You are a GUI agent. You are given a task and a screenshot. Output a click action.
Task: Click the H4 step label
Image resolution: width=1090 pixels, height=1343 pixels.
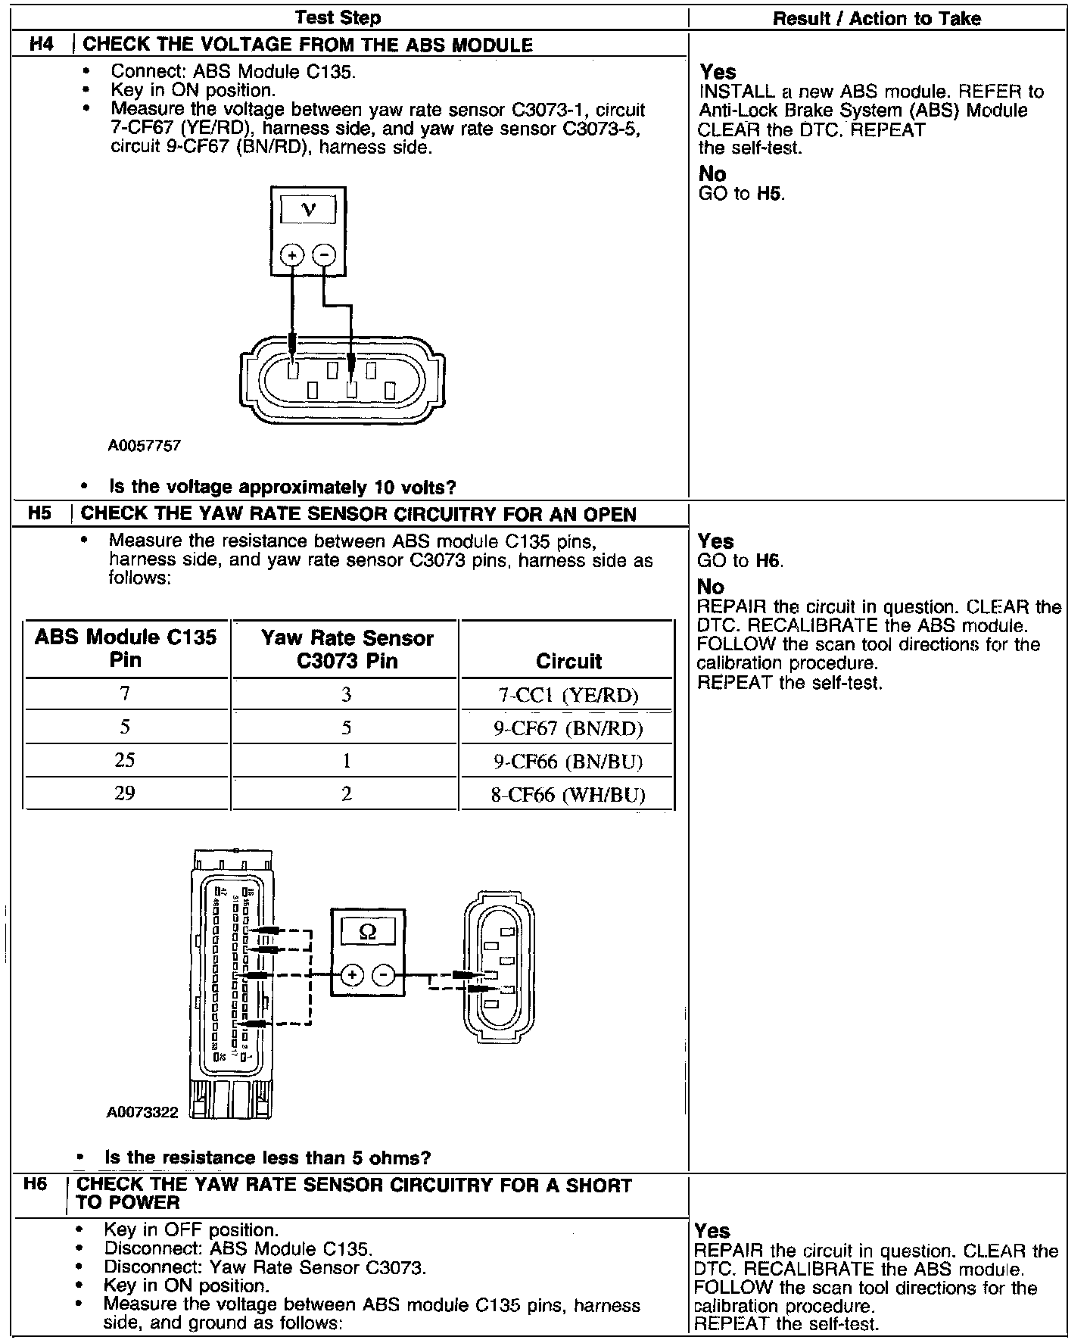point(42,45)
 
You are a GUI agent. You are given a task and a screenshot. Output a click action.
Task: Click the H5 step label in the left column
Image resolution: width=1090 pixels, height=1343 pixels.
point(39,513)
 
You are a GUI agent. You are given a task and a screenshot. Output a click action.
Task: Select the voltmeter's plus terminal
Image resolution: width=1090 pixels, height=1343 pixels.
point(292,256)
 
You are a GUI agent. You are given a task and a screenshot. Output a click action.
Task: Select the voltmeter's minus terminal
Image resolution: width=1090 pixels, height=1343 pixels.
point(324,256)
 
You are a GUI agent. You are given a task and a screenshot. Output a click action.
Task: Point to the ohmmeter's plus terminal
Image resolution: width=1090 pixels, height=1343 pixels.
point(351,975)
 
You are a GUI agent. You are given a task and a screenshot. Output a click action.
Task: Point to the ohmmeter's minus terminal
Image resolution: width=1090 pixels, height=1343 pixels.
point(385,975)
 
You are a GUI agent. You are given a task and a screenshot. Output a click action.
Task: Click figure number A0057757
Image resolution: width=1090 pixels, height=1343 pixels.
point(145,446)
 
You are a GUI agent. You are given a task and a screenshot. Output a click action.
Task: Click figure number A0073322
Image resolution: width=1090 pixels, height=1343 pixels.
point(142,1112)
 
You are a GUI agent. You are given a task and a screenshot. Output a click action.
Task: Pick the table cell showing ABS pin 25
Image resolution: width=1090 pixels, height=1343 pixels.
point(125,760)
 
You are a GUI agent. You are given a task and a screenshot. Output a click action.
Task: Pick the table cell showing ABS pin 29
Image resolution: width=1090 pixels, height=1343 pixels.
point(125,793)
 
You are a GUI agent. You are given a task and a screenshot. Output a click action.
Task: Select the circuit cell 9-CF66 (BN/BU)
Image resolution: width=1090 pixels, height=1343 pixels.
point(568,761)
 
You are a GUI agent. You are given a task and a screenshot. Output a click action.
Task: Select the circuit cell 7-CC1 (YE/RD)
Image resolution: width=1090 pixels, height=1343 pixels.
point(568,695)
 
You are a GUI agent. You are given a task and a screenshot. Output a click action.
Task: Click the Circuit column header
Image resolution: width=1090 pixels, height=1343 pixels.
point(568,661)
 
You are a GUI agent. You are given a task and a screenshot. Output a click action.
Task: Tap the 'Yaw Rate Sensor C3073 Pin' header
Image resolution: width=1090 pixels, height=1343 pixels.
point(347,650)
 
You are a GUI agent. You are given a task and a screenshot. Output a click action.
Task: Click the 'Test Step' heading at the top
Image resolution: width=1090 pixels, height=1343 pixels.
point(338,17)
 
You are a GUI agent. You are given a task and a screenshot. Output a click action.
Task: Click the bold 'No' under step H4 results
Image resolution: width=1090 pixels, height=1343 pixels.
point(712,174)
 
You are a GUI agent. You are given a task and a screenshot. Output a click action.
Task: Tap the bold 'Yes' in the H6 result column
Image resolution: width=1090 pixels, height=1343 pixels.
point(712,1231)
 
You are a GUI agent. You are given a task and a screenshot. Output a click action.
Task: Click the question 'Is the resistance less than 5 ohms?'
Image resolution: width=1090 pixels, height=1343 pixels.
point(267,1158)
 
